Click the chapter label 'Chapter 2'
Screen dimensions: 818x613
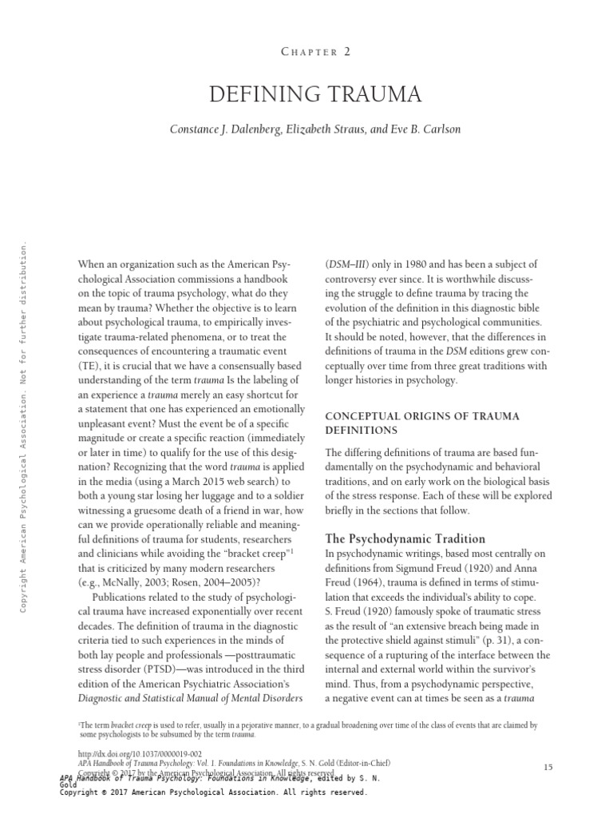(x=315, y=51)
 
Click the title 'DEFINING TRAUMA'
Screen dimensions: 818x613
(x=315, y=96)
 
